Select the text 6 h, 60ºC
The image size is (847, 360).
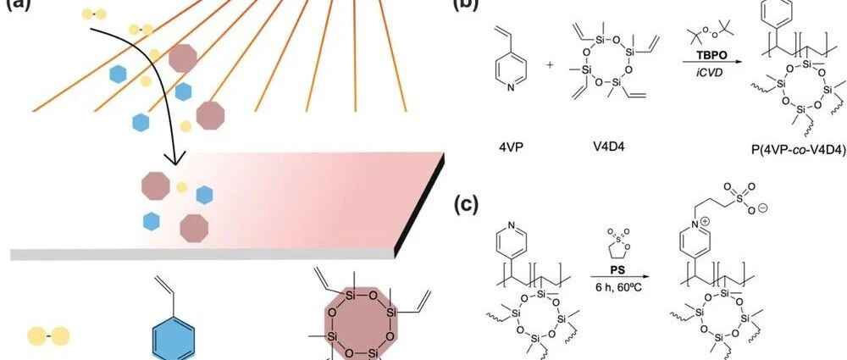click(617, 289)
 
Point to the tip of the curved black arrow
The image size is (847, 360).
click(174, 163)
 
